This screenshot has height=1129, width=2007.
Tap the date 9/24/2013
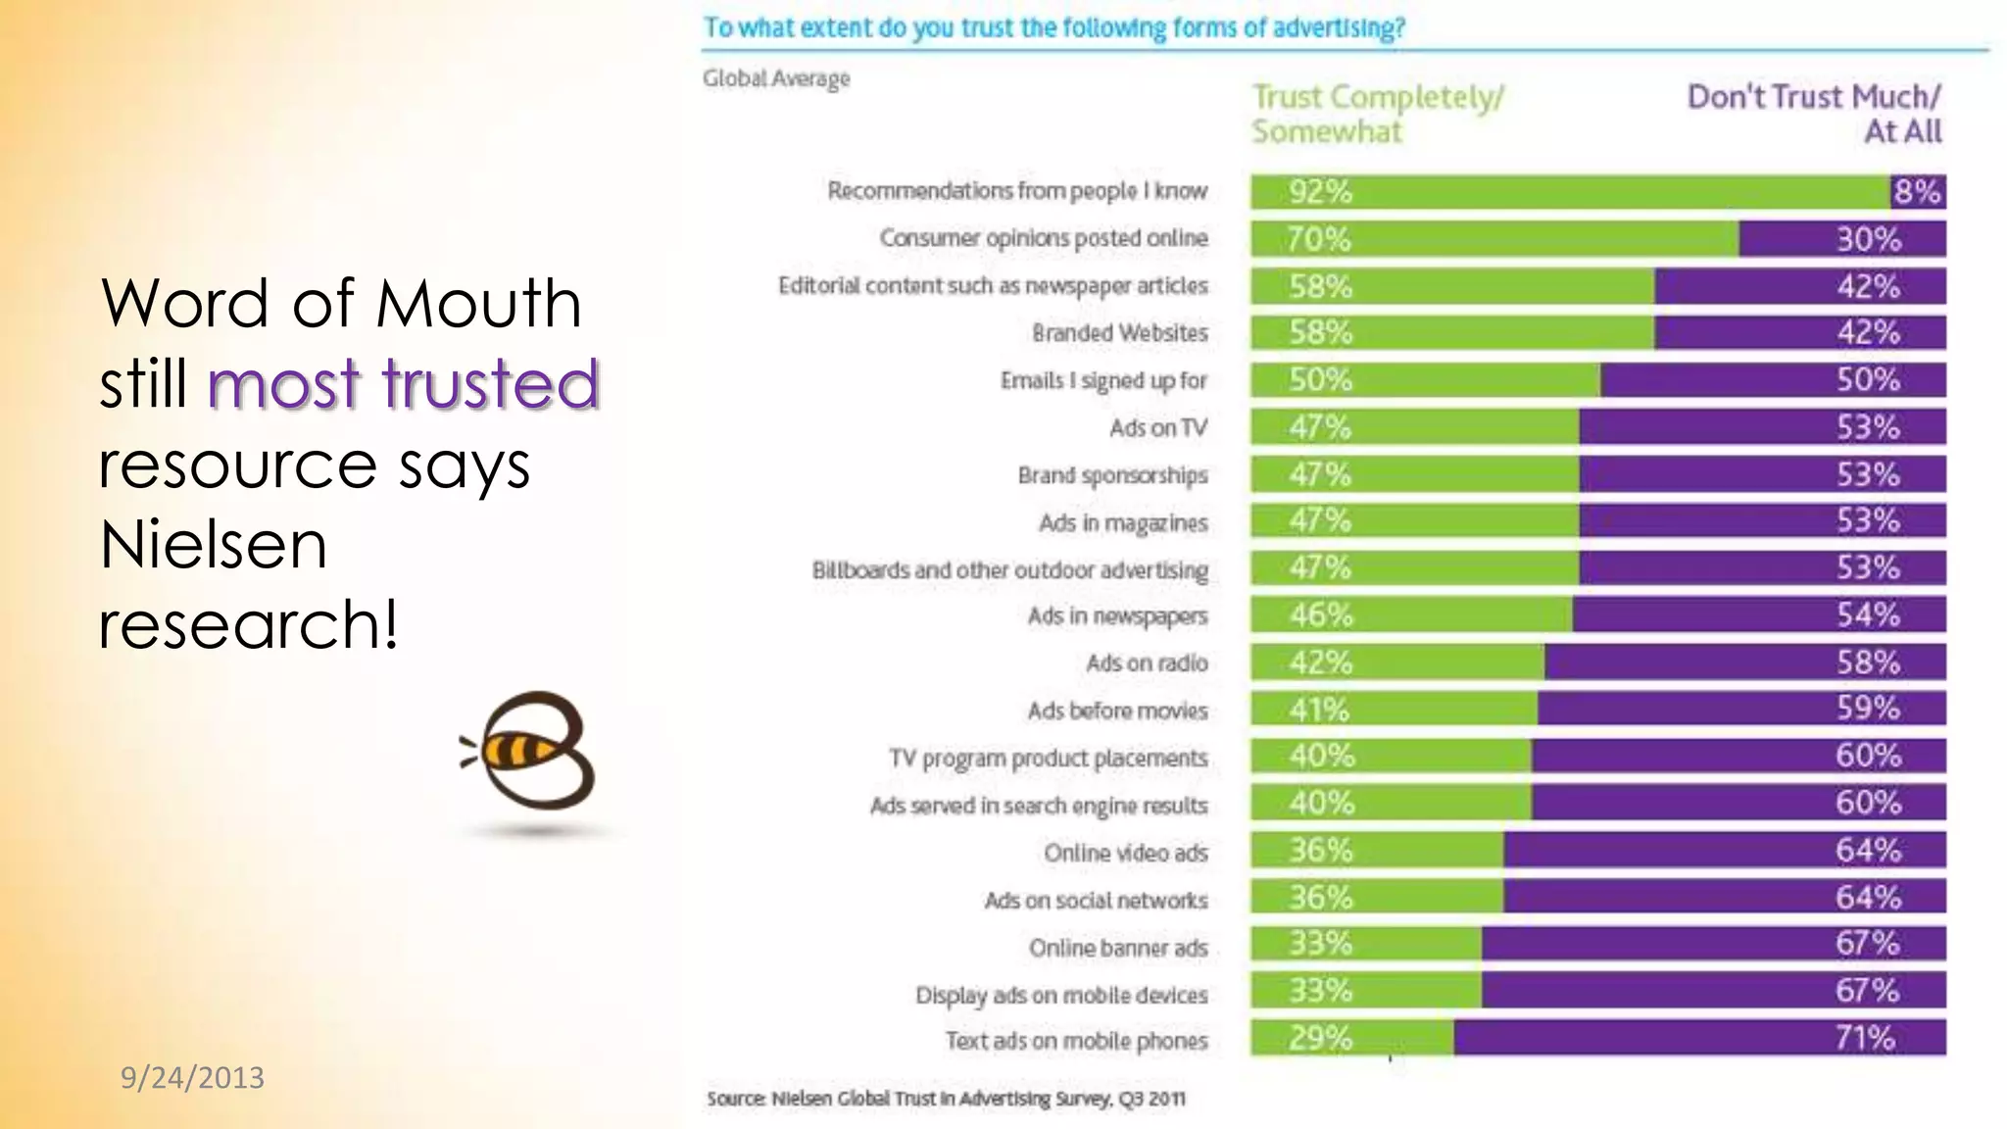[x=192, y=1078]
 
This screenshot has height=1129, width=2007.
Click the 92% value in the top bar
[x=1319, y=192]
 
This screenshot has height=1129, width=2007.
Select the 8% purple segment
[x=1917, y=192]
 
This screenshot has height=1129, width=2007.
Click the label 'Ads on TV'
[x=1157, y=428]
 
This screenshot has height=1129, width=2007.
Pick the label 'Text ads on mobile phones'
[x=1076, y=1041]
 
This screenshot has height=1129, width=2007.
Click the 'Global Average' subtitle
[x=776, y=78]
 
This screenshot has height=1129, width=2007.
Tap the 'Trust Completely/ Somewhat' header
[x=1376, y=114]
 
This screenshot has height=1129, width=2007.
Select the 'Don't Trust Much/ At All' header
[x=1813, y=114]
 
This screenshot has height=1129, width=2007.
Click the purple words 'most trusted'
[x=403, y=383]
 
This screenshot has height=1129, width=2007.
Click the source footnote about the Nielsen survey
[x=946, y=1099]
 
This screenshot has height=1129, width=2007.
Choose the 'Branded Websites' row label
[x=1119, y=333]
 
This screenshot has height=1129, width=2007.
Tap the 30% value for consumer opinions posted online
[x=1868, y=239]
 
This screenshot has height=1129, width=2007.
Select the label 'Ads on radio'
[x=1147, y=663]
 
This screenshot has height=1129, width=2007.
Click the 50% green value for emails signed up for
[x=1319, y=380]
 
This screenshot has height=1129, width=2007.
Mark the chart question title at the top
[x=1053, y=27]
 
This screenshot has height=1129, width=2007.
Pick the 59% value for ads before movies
[x=1868, y=709]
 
